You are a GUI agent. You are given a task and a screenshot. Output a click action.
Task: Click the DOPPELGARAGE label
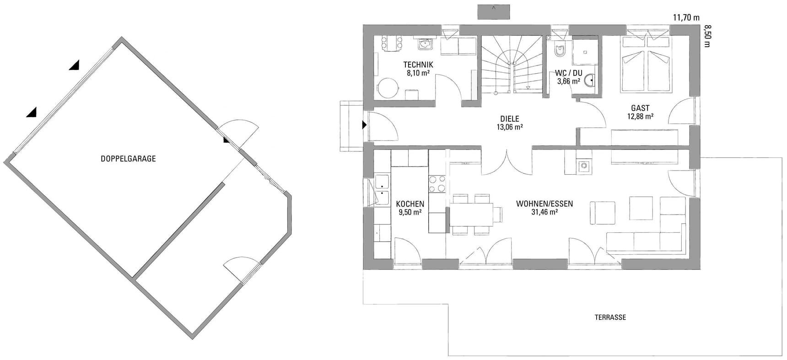point(128,159)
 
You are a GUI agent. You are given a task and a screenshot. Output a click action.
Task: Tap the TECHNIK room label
point(418,64)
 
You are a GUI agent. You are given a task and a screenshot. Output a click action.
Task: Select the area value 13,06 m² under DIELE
point(510,127)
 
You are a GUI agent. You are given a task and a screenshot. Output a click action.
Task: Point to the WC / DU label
point(569,73)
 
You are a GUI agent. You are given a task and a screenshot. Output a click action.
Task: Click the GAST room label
point(640,108)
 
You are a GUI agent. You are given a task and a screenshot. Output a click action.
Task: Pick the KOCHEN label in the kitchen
point(410,204)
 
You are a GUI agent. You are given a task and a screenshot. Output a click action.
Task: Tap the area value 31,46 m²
point(544,212)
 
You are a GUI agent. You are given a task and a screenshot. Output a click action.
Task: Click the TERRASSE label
point(610,317)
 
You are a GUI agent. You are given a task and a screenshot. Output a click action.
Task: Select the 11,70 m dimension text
point(686,18)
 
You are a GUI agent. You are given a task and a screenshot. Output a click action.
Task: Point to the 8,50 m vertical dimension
point(707,36)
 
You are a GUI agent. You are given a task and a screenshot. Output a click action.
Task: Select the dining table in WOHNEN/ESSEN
point(471,215)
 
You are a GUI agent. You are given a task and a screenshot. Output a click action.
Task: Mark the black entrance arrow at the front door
point(365,124)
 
